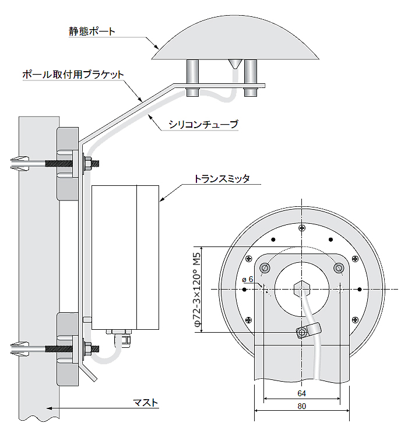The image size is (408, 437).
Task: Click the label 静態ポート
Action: point(92,31)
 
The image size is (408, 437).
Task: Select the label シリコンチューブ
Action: point(203,124)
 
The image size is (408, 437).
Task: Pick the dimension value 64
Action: point(301,393)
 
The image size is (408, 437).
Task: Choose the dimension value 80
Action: point(301,406)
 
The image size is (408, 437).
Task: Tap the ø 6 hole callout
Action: point(247,280)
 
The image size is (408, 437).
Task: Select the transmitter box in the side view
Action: point(125,256)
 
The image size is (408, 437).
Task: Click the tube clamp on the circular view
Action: point(305,331)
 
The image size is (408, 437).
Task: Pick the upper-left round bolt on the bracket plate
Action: point(266,267)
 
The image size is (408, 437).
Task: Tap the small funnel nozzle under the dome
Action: point(235,63)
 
